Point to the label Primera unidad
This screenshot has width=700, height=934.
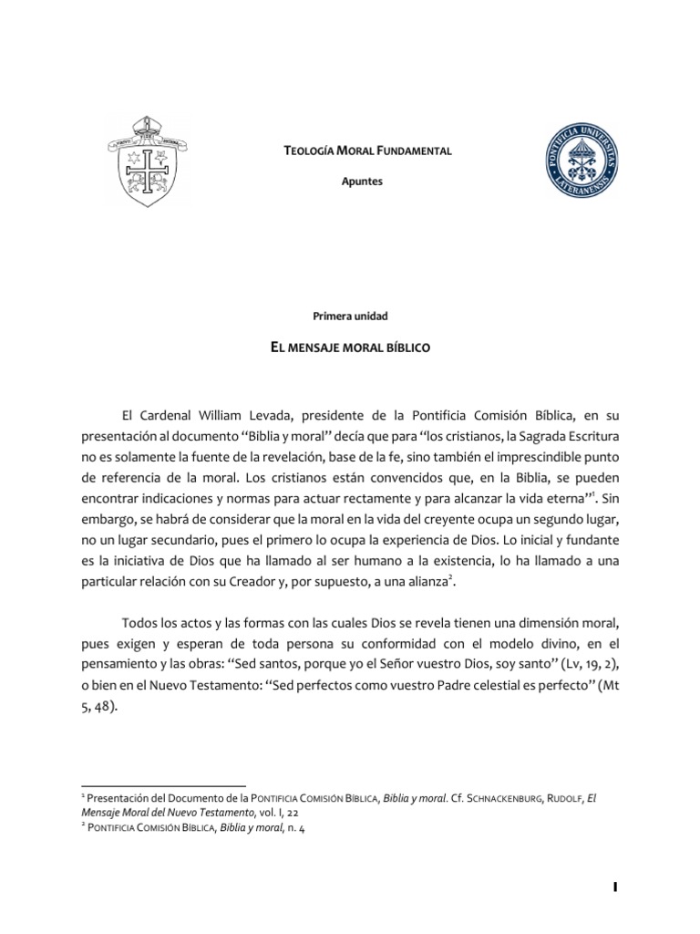[x=350, y=316]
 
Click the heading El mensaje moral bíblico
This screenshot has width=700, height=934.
[x=350, y=348]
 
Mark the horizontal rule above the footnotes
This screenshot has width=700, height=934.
[x=164, y=784]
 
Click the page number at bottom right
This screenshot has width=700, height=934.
[x=615, y=887]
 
